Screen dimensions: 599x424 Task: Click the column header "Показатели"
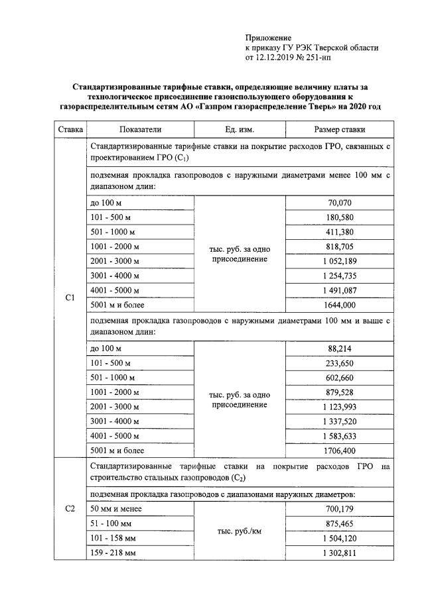click(x=140, y=130)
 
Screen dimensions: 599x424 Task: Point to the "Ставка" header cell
click(x=70, y=130)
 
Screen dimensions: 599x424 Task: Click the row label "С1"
click(x=70, y=298)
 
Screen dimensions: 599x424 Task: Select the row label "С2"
click(x=70, y=509)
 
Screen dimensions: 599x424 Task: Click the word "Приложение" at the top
click(x=268, y=38)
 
